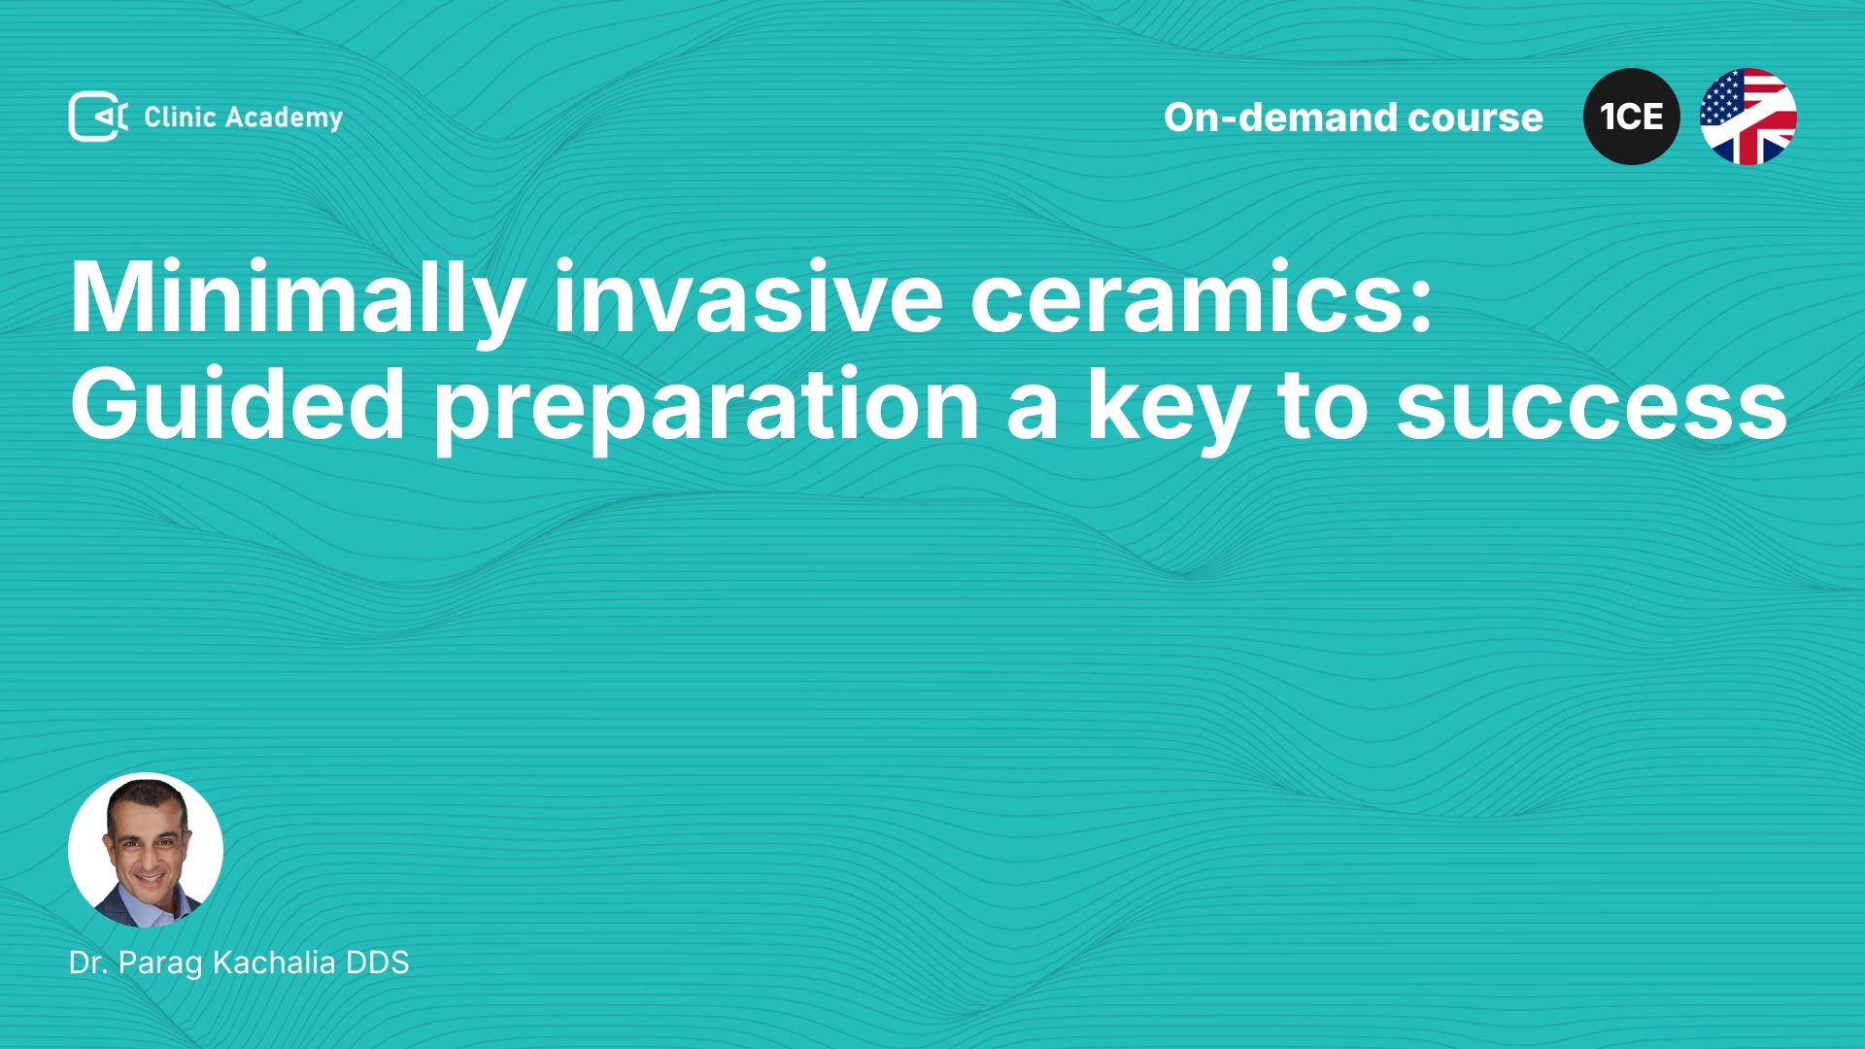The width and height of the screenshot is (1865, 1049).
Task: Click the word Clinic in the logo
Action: pyautogui.click(x=180, y=117)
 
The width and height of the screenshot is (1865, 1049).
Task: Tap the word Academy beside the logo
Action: pyautogui.click(x=284, y=118)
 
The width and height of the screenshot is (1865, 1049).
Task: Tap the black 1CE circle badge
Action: pyautogui.click(x=1632, y=117)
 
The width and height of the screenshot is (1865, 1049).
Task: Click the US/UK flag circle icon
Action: pyautogui.click(x=1748, y=117)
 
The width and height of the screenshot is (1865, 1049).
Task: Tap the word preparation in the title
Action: pyautogui.click(x=706, y=407)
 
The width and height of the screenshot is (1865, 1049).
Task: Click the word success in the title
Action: pyautogui.click(x=1591, y=408)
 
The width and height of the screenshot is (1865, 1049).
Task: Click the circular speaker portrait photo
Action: pyautogui.click(x=146, y=850)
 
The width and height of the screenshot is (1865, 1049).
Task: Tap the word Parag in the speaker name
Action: pyautogui.click(x=160, y=964)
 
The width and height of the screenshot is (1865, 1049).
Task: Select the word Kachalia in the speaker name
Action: pyautogui.click(x=274, y=963)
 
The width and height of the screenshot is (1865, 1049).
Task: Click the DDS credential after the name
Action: pyautogui.click(x=378, y=963)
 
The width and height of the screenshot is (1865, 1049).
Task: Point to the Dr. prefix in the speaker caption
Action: pyautogui.click(x=88, y=963)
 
